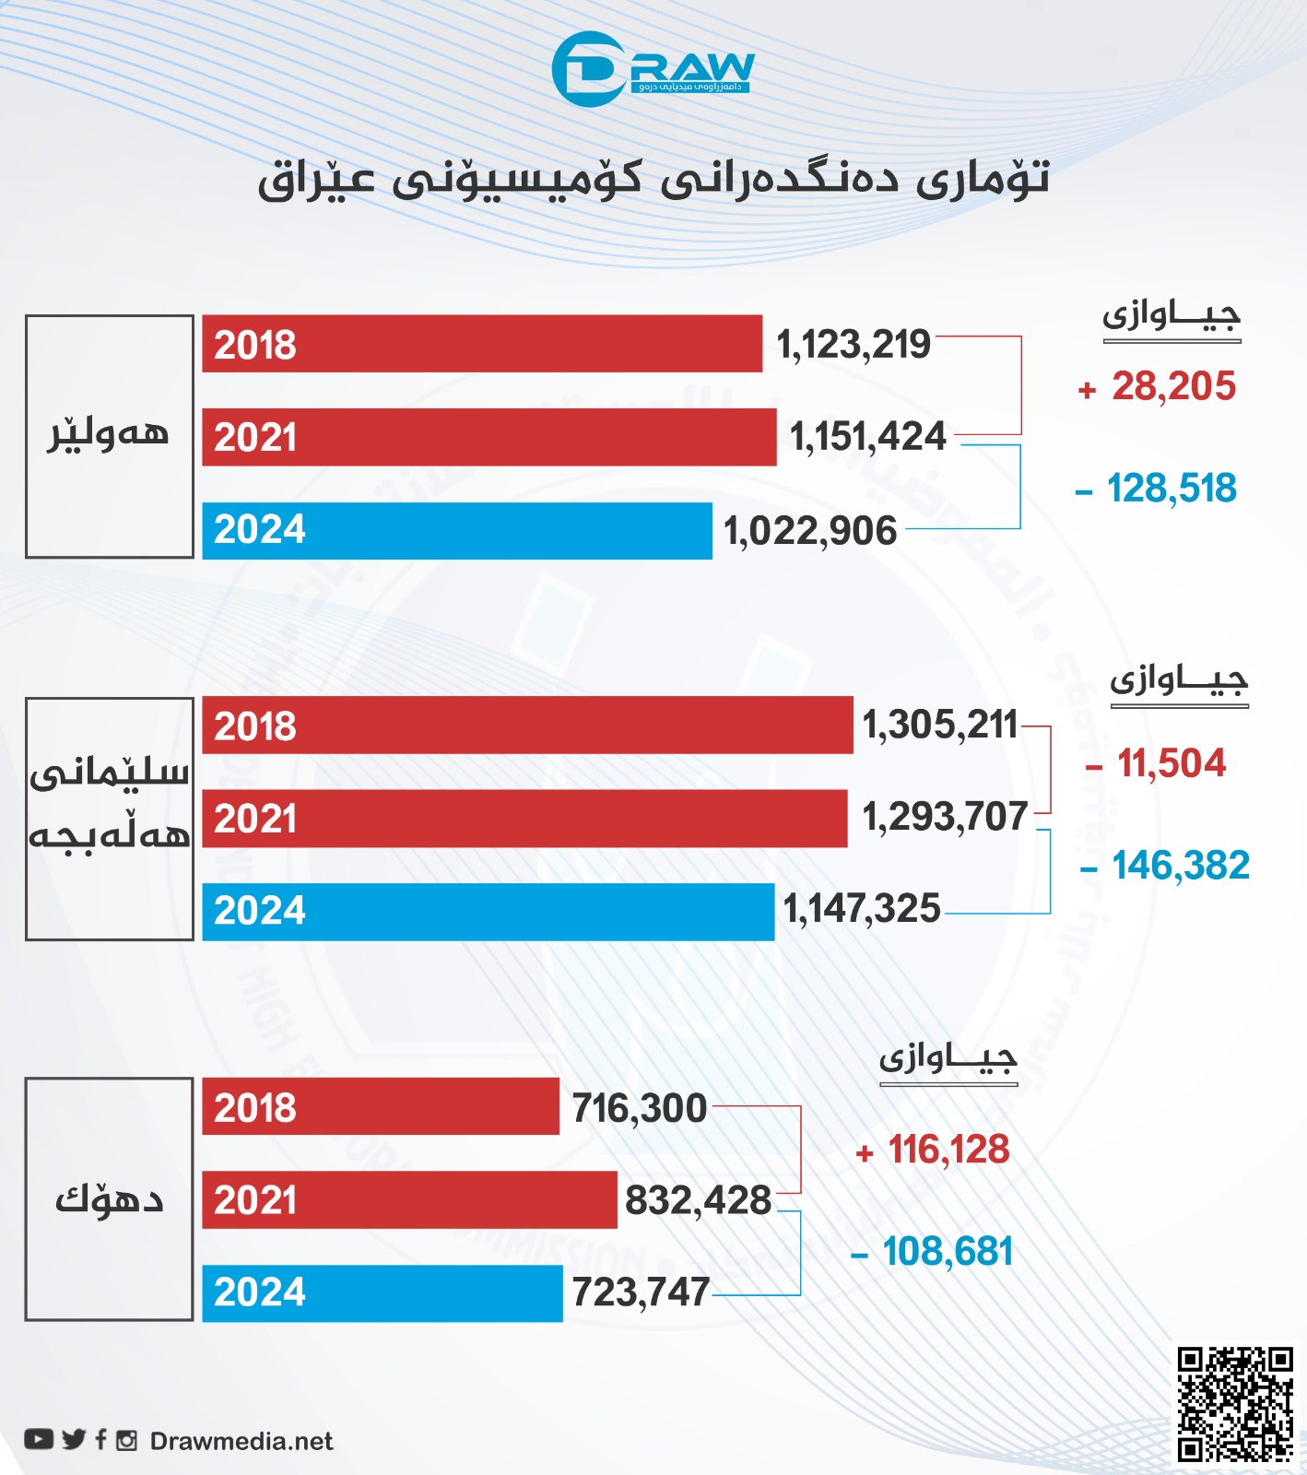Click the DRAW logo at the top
pyautogui.click(x=653, y=69)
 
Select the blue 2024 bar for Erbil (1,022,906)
pyautogui.click(x=456, y=530)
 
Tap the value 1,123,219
pyautogui.click(x=854, y=345)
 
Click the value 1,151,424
pyautogui.click(x=868, y=437)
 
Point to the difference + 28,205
pyautogui.click(x=1158, y=387)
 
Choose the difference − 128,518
pyautogui.click(x=1157, y=489)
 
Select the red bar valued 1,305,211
pyautogui.click(x=527, y=726)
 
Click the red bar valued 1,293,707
pyautogui.click(x=524, y=819)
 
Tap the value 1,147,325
pyautogui.click(x=862, y=910)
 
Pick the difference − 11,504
pyautogui.click(x=1157, y=764)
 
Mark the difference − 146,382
pyautogui.click(x=1166, y=866)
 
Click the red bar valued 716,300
pyautogui.click(x=381, y=1106)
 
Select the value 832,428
pyautogui.click(x=699, y=1200)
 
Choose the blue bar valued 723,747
pyautogui.click(x=382, y=1292)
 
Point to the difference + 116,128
pyautogui.click(x=934, y=1150)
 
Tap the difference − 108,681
pyautogui.click(x=933, y=1252)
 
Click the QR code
pyautogui.click(x=1235, y=1404)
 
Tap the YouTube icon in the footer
pyautogui.click(x=39, y=1439)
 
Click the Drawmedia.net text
pyautogui.click(x=241, y=1442)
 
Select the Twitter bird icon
pyautogui.click(x=74, y=1439)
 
